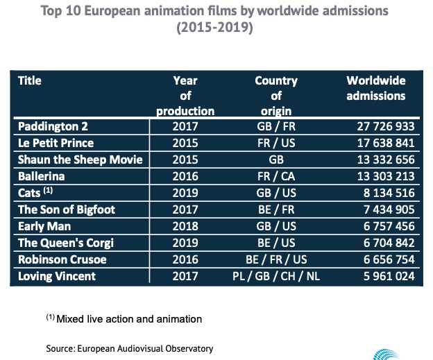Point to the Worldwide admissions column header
tap(375, 88)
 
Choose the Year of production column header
tap(185, 95)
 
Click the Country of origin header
tap(276, 95)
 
